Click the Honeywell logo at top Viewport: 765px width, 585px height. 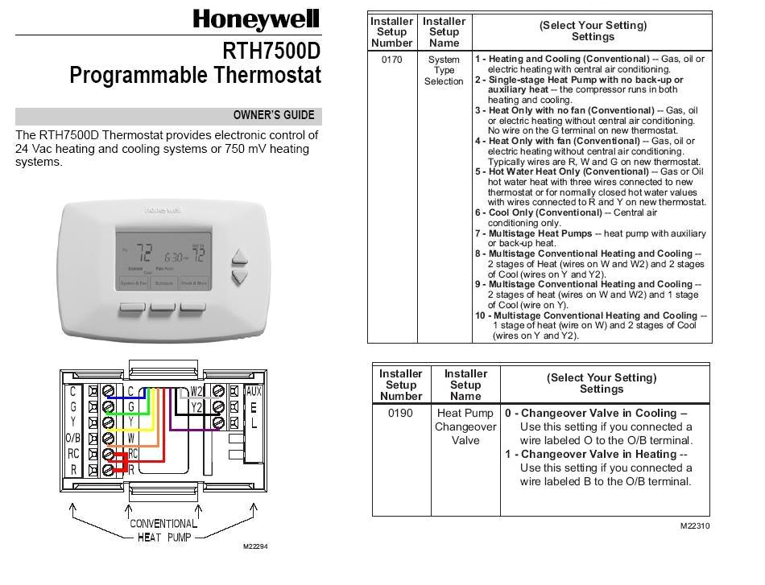[x=256, y=19]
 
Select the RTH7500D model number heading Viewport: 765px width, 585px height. [x=271, y=51]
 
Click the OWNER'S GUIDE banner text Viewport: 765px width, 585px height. [x=274, y=115]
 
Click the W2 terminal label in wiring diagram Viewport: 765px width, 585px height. [x=197, y=392]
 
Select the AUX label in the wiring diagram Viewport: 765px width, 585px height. [x=254, y=392]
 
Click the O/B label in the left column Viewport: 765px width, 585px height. [x=72, y=439]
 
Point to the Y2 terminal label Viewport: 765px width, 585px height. [x=197, y=407]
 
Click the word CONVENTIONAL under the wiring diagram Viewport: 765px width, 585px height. [x=163, y=524]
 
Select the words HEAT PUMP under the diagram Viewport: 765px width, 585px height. [x=164, y=537]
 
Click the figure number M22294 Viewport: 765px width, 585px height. [x=255, y=546]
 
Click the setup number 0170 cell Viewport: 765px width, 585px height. [x=391, y=60]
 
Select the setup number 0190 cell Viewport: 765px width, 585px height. [x=400, y=413]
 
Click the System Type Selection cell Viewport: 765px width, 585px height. [x=444, y=70]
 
